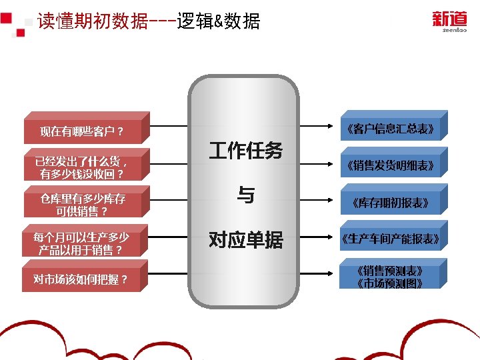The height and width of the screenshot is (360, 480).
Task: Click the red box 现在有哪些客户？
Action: point(83,131)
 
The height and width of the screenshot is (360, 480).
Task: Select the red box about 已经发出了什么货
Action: point(83,168)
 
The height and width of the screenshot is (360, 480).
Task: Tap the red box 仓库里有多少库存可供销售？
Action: point(83,205)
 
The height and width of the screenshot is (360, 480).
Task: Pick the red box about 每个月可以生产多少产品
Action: point(83,243)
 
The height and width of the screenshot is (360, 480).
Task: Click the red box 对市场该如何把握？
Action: point(83,279)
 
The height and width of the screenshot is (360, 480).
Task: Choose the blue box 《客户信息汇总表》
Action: point(391,128)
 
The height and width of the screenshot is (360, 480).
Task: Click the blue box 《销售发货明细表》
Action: point(391,165)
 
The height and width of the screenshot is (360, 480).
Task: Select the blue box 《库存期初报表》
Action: point(391,203)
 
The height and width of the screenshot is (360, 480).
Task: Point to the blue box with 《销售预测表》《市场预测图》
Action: point(391,277)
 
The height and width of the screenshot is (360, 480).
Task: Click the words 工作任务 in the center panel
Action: point(245,151)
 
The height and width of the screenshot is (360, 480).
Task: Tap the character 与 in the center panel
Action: point(245,195)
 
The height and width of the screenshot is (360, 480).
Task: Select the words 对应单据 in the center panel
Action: point(245,239)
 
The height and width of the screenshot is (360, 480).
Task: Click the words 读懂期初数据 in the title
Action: point(93,22)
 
